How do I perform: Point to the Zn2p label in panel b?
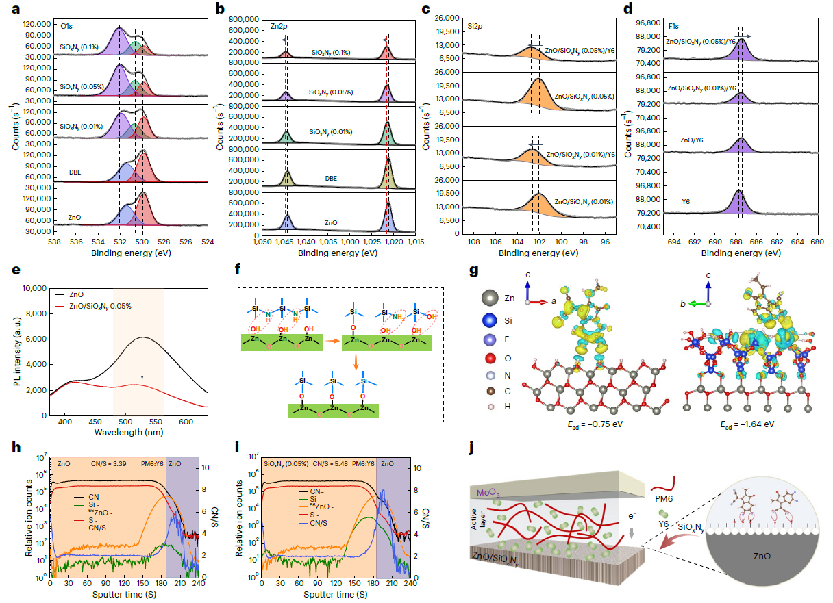pyautogui.click(x=272, y=26)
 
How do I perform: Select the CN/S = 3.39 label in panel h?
pyautogui.click(x=108, y=463)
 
